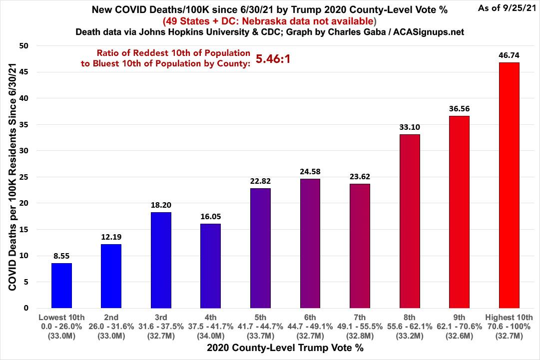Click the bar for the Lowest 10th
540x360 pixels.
pyautogui.click(x=61, y=286)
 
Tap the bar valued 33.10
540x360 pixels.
pyautogui.click(x=410, y=221)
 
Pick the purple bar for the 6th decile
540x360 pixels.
pyautogui.click(x=310, y=243)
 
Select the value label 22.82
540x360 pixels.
pyautogui.click(x=260, y=181)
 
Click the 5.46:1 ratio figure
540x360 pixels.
pyautogui.click(x=273, y=59)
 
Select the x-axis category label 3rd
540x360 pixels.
pyautogui.click(x=161, y=317)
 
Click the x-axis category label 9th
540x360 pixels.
pyautogui.click(x=459, y=317)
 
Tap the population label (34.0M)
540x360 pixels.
pyautogui.click(x=210, y=335)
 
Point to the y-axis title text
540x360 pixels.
pyautogui.click(x=10, y=177)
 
